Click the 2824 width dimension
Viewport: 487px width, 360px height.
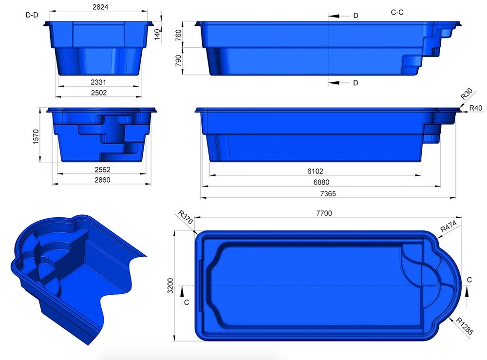100,7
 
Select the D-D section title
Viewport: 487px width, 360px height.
32,15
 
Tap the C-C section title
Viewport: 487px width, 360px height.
397,12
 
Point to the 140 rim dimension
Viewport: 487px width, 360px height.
157,34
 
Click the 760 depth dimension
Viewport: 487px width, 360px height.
178,35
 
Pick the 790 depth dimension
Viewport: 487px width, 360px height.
178,61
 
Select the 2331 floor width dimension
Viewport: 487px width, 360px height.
98,82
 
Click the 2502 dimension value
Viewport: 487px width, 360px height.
99,93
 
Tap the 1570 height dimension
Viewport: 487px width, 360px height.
36,137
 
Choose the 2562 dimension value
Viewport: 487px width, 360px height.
102,170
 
